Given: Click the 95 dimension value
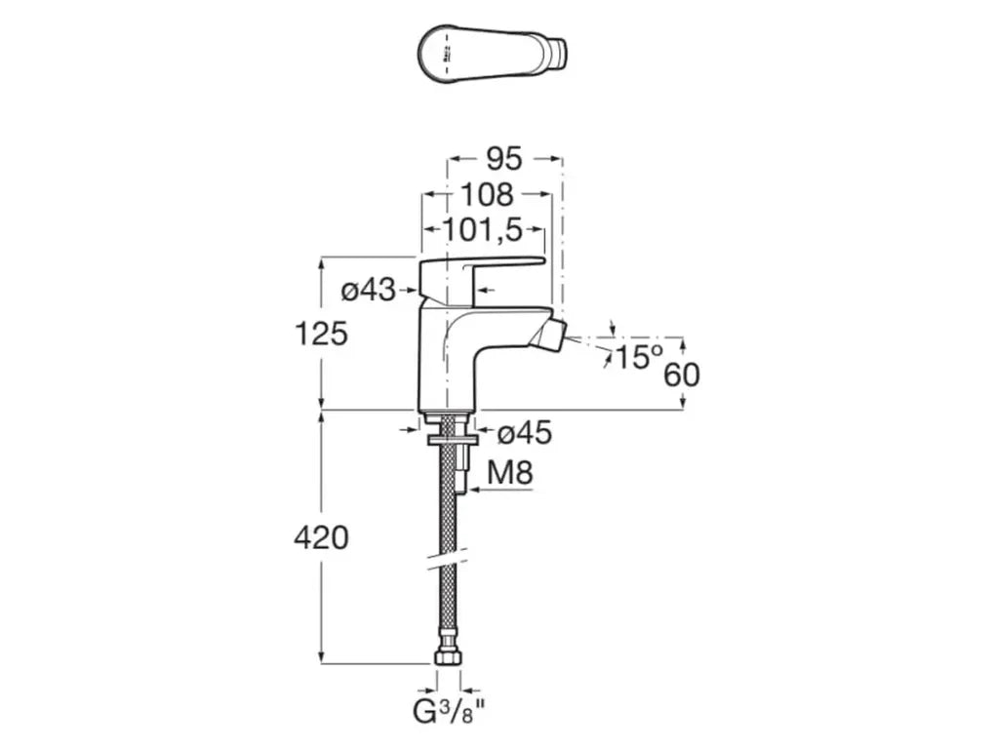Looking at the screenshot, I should pyautogui.click(x=503, y=158).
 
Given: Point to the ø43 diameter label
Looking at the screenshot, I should pyautogui.click(x=369, y=290).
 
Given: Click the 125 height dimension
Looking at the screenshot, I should pyautogui.click(x=322, y=335).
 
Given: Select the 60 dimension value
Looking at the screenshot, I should pyautogui.click(x=682, y=375).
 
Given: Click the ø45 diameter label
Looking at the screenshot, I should pyautogui.click(x=525, y=433).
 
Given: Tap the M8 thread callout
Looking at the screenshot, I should pyautogui.click(x=509, y=474).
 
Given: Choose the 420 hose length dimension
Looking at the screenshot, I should pyautogui.click(x=321, y=536).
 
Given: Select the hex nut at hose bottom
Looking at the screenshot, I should pyautogui.click(x=448, y=658).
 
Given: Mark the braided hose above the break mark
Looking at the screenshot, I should pyautogui.click(x=448, y=507).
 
